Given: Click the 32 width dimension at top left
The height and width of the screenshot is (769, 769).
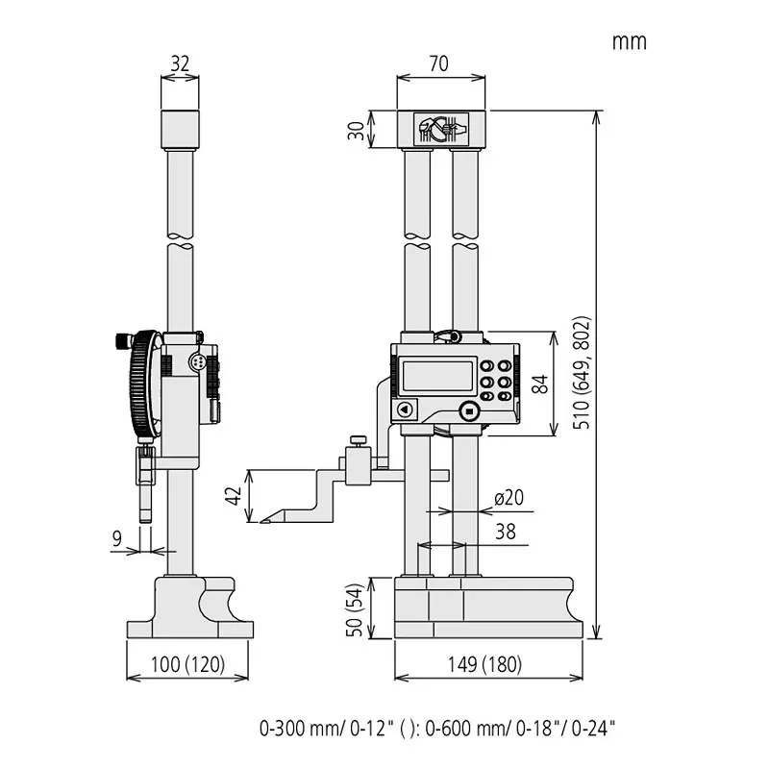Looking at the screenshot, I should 180,64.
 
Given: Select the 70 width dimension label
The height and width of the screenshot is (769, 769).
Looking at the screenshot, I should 440,64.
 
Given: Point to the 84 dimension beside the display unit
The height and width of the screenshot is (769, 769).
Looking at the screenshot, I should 541,384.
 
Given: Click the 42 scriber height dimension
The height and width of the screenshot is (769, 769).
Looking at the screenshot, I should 233,496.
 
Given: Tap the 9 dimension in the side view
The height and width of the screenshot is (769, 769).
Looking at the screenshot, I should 117,539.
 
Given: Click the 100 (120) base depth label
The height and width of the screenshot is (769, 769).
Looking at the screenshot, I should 187,664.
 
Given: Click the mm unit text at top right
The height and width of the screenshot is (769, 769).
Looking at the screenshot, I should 629,41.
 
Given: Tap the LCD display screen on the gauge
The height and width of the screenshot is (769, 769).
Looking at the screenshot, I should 436,376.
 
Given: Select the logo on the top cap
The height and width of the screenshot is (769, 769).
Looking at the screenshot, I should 440,129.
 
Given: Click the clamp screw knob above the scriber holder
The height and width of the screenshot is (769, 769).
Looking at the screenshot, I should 357,441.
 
